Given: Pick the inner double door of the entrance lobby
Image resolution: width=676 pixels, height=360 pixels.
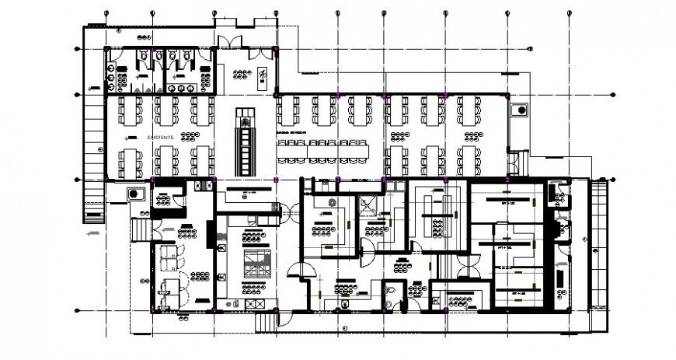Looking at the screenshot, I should click(254, 54).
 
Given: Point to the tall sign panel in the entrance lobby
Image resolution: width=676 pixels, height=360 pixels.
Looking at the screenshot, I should click(263, 75).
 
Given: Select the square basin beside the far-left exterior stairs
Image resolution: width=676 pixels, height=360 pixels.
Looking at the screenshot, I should click(135, 193).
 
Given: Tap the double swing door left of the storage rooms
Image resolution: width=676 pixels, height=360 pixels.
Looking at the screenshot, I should click(468, 267).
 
